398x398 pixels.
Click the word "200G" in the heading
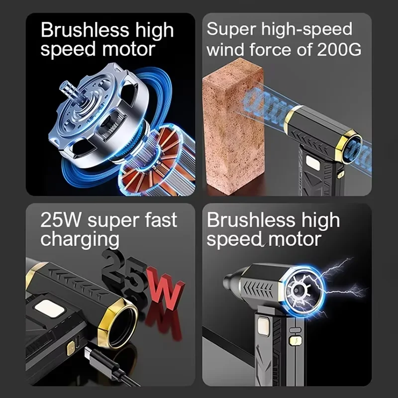339,49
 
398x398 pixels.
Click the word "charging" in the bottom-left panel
80,240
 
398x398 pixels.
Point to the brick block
233,127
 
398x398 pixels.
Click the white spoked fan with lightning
302,289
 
